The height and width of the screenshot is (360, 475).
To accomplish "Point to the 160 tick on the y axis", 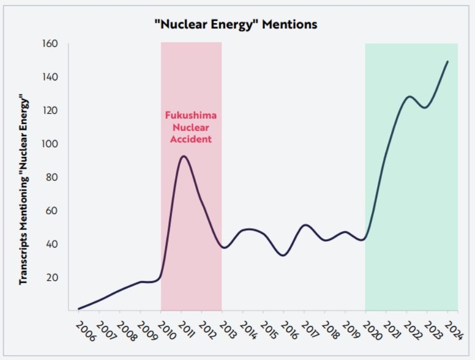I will (x=51, y=43).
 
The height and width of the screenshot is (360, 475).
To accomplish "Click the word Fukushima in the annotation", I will (x=191, y=116).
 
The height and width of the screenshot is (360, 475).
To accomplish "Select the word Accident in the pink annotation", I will (x=191, y=139).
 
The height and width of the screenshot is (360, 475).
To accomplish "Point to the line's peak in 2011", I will (x=183, y=156).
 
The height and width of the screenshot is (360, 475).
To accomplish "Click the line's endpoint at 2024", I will (x=448, y=61).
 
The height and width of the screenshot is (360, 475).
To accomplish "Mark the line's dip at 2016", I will (x=283, y=255).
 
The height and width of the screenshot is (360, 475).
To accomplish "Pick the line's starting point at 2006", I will (x=79, y=309).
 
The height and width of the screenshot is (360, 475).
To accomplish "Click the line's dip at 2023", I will (x=426, y=108).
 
